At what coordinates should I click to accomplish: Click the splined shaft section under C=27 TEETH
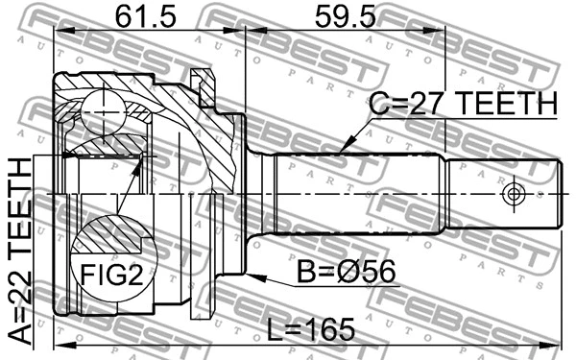tap(355, 192)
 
